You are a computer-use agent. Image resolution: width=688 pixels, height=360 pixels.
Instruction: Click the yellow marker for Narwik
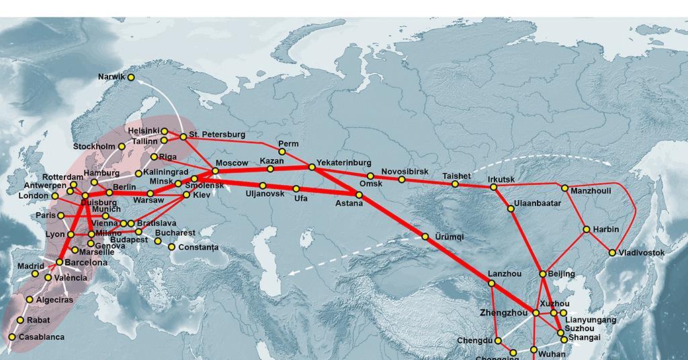(131, 77)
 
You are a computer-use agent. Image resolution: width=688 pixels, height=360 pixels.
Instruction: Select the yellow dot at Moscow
(215, 171)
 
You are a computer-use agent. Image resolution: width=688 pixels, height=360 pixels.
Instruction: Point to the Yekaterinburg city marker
(312, 167)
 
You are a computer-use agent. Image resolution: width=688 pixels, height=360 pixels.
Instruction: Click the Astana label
(349, 203)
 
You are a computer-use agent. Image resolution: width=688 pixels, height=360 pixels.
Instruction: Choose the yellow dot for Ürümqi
(425, 236)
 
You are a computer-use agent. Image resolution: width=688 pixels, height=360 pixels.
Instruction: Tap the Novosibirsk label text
(404, 171)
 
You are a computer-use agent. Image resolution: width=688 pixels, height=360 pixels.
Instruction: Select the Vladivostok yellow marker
(612, 253)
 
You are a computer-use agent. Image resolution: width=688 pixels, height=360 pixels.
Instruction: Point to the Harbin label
(606, 229)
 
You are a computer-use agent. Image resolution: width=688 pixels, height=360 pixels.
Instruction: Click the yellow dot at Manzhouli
(565, 188)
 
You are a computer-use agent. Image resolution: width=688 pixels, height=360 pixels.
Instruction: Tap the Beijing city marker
(543, 274)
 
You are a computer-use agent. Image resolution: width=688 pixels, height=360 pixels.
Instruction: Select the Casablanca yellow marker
(11, 337)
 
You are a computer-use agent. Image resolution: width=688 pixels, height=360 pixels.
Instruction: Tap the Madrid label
(32, 266)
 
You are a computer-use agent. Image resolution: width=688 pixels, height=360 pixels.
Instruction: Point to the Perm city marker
(282, 152)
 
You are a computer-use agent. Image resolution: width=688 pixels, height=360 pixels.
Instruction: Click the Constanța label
(198, 247)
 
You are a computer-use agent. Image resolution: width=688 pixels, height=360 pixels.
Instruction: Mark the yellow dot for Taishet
(455, 184)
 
